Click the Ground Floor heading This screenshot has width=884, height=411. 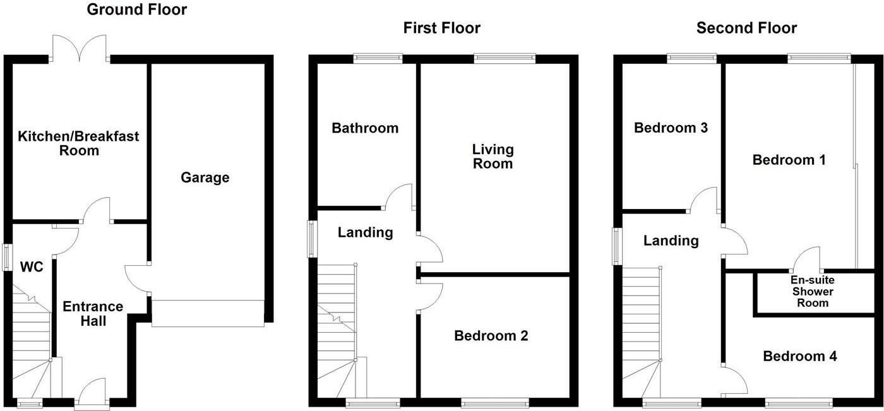click(x=137, y=9)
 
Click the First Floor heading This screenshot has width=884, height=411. click(x=442, y=28)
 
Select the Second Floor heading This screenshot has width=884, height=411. click(x=746, y=28)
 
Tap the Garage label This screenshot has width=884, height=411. click(x=205, y=178)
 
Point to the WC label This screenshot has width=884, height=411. click(x=31, y=267)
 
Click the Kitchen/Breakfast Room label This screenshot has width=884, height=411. click(x=78, y=143)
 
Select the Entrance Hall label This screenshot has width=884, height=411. click(x=93, y=314)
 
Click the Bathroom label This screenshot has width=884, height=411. click(x=365, y=128)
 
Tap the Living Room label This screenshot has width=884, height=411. click(x=493, y=157)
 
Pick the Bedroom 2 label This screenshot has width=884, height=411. click(x=491, y=336)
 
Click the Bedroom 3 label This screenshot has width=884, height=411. click(x=671, y=128)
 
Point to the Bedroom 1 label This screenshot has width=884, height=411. click(x=789, y=160)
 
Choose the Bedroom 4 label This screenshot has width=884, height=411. click(x=800, y=356)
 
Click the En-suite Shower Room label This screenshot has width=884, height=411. click(x=812, y=291)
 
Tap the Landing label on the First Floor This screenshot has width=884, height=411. click(x=365, y=232)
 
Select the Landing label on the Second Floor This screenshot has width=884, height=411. click(x=671, y=241)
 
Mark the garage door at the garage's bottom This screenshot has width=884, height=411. click(x=207, y=314)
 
